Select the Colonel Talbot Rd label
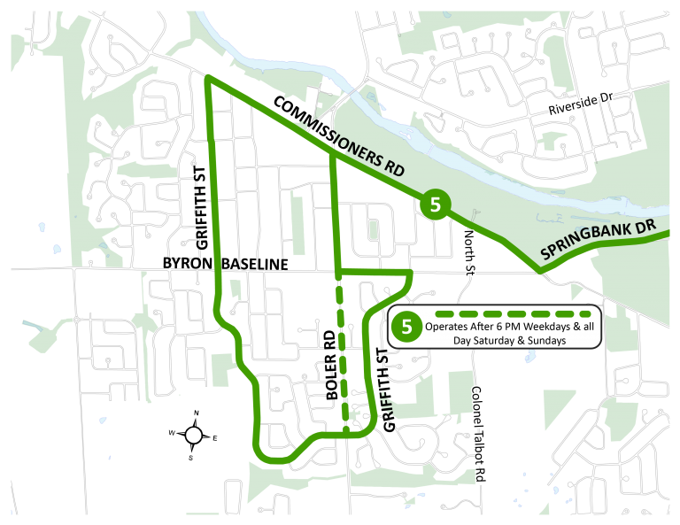[x=480, y=433]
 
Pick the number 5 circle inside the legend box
[x=407, y=327]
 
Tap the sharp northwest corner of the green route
[x=207, y=79]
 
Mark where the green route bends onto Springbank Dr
[x=541, y=266]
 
